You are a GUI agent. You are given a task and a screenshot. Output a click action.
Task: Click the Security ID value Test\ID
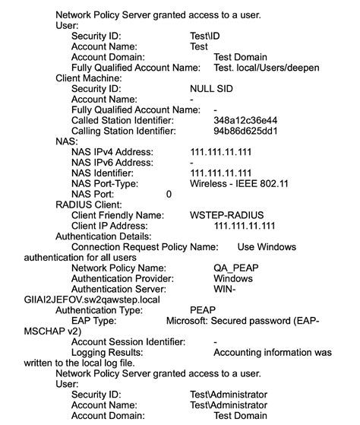coord(204,36)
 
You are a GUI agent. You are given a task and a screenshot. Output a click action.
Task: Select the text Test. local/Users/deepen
coord(267,68)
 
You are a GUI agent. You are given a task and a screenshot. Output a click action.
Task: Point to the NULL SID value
coord(211,89)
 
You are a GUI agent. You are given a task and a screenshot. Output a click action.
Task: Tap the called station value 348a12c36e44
coord(245,120)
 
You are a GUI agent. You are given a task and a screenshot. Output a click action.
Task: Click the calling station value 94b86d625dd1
coord(245,131)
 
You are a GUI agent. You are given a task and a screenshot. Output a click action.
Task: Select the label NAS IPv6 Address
coord(112,163)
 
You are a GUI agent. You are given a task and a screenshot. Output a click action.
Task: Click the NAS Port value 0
coord(169,195)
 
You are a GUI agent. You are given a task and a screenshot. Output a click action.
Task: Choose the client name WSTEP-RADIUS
coord(226,216)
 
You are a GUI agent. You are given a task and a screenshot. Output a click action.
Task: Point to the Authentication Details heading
coord(104,236)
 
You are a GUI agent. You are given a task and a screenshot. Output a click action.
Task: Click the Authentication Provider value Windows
coord(233,279)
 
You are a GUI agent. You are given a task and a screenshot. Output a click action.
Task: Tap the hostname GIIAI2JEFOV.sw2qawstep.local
coord(92,300)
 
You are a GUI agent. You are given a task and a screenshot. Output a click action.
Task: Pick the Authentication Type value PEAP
coord(203,310)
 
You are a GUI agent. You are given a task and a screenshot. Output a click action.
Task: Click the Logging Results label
coord(106,353)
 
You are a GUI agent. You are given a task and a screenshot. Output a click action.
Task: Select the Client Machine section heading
coord(90,78)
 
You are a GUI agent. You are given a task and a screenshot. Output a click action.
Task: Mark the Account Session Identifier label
coord(128,342)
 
